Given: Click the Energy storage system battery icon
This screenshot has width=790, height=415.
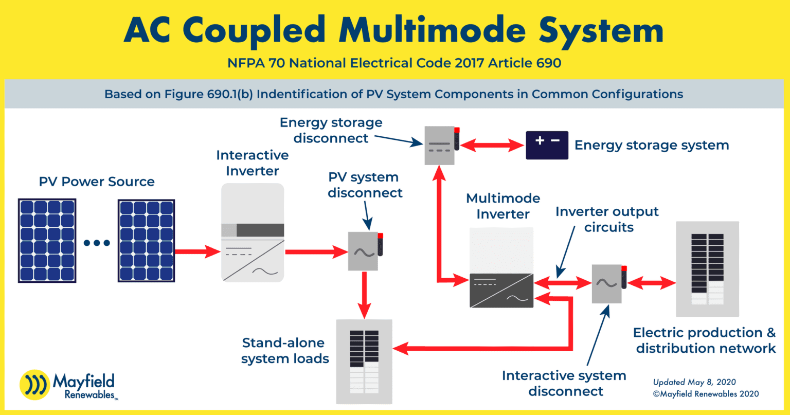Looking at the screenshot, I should tap(547, 145).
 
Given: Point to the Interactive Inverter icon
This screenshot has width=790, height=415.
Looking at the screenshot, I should tap(253, 232).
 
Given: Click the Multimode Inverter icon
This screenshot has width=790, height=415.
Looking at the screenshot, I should tap(501, 268).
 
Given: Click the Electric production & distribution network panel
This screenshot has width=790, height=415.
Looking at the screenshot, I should tap(707, 269).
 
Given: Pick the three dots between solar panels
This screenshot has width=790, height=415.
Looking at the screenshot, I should tap(97, 243).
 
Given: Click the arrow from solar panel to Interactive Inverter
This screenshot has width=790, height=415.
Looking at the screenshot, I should tap(197, 251).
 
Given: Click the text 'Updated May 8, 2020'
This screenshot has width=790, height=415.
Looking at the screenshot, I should tap(694, 382).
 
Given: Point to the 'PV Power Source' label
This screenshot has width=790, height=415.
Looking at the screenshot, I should tap(97, 182).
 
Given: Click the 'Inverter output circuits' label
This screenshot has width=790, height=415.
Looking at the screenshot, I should tap(607, 220).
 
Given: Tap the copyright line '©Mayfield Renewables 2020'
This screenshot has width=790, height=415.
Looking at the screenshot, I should tap(705, 394).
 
